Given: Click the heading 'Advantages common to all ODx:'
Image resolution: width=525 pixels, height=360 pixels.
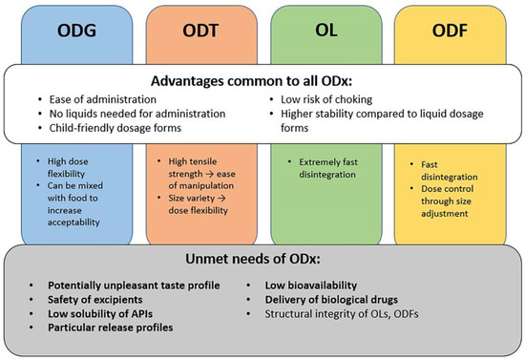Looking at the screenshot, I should pos(262,79).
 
